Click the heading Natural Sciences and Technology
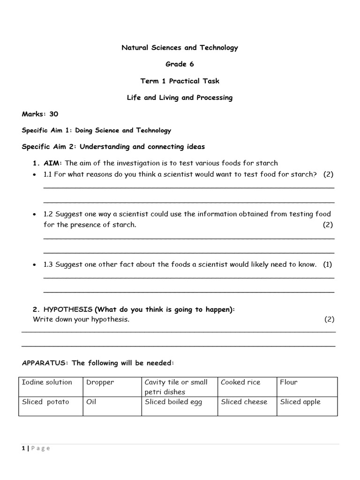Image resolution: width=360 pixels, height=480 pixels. [180, 47]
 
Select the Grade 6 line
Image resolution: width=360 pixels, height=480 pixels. [180, 64]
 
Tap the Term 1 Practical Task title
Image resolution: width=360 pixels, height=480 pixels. [180, 81]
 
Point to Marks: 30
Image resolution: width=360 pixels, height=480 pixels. [40, 114]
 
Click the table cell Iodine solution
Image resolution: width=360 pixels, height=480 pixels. [47, 382]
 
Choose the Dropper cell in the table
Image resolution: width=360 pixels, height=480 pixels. [100, 382]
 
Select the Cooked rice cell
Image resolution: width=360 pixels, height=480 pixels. [240, 382]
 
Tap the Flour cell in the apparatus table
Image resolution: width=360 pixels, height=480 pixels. [289, 382]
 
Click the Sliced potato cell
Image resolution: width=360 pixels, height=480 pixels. [45, 402]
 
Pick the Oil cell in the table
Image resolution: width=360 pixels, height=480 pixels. [91, 402]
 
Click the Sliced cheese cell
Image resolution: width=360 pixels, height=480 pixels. [244, 402]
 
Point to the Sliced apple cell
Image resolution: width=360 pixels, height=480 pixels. [300, 402]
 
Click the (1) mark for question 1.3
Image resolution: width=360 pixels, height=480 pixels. [327, 264]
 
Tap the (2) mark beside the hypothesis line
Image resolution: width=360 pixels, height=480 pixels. [329, 319]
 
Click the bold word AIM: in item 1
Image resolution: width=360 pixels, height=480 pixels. [53, 163]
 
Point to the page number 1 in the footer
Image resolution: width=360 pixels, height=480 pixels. [23, 448]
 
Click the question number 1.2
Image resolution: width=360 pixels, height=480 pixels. [48, 214]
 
